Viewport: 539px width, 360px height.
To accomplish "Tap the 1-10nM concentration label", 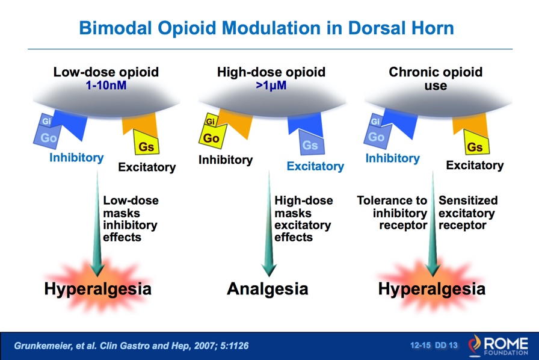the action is point(106,85).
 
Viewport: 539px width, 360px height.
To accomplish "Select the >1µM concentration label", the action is point(271,85).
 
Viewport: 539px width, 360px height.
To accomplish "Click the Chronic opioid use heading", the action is point(436,78).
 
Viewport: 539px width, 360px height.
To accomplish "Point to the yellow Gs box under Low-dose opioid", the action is point(146,143).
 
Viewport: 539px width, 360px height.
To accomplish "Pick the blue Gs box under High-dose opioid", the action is point(311,143).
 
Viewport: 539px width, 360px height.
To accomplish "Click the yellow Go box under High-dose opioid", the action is point(212,137).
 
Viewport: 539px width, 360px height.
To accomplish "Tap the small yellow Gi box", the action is point(211,121).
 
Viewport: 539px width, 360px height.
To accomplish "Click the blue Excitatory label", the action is point(315,166).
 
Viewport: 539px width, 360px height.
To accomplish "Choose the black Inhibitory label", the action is point(226,160).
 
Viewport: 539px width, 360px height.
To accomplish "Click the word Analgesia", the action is point(268,289).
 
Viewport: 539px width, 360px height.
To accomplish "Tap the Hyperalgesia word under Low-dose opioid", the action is point(97,289).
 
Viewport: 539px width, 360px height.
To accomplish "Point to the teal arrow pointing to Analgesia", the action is point(269,224).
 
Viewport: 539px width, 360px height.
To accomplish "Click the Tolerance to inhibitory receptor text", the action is point(392,213).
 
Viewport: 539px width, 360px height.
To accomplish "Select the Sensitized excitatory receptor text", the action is point(468,213).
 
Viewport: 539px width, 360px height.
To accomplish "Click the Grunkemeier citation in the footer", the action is point(131,346).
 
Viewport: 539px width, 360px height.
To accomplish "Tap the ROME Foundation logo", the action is point(498,345).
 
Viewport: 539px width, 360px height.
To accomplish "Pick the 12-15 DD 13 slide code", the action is point(434,345).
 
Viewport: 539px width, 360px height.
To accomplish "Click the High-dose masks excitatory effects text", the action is point(304,219).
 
